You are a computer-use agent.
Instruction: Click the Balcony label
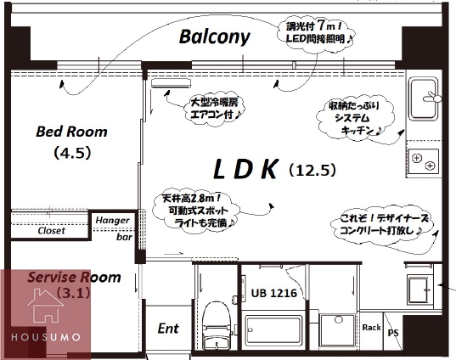(215, 37)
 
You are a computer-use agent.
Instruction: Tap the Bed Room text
(71, 132)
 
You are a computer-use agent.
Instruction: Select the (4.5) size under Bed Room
(71, 154)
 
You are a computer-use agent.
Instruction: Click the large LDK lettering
(245, 170)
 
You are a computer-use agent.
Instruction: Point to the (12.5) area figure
(313, 171)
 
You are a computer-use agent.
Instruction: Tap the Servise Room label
(74, 278)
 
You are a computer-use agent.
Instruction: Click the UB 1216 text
(273, 294)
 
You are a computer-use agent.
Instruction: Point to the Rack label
(371, 327)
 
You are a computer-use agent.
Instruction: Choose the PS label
(392, 332)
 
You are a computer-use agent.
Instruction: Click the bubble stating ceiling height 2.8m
(199, 208)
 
